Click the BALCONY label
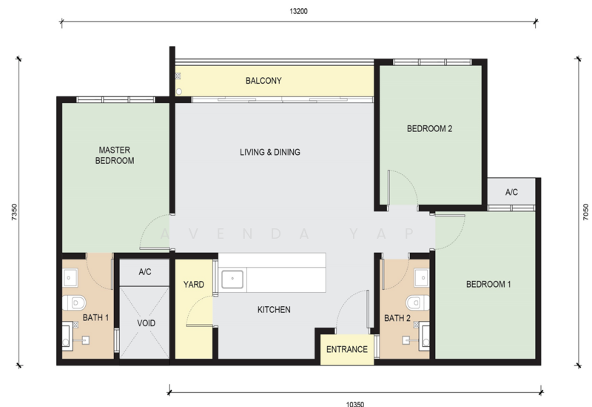click(263, 81)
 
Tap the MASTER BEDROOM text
click(115, 155)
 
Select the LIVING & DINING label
click(270, 152)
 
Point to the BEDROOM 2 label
click(429, 128)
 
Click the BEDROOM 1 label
click(488, 284)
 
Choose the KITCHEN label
click(274, 309)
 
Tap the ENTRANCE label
click(347, 349)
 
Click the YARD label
click(194, 285)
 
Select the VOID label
click(145, 323)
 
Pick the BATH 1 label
click(95, 318)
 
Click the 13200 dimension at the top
click(298, 11)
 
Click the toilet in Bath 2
click(417, 302)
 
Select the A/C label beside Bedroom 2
click(511, 192)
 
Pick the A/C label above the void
click(145, 272)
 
